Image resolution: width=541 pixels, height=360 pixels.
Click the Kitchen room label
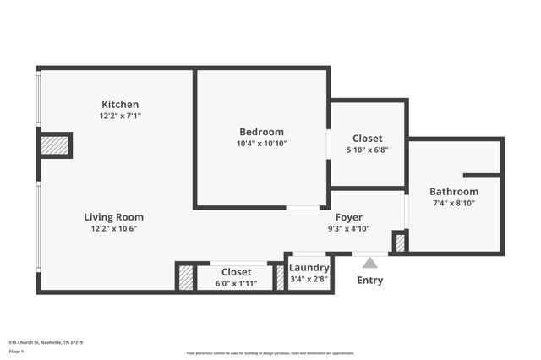pos(120,105)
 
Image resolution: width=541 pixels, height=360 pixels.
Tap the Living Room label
pos(113,217)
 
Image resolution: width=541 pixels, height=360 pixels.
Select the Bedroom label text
pos(261,132)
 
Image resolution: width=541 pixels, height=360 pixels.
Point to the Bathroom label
pos(454,192)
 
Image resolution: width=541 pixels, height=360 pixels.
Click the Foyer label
pos(349,217)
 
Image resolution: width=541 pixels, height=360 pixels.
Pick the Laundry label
pos(309,268)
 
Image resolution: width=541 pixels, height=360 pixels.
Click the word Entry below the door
pos(370,281)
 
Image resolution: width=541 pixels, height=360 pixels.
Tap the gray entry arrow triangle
pos(370,263)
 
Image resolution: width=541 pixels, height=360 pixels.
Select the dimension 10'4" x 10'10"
pos(261,144)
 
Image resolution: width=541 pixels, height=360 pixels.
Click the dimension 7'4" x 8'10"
pos(454,203)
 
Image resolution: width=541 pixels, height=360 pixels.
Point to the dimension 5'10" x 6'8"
pos(367,150)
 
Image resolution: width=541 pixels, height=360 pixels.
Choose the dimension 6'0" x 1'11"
pos(237,283)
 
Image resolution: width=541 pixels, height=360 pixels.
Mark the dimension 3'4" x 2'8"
pos(309,279)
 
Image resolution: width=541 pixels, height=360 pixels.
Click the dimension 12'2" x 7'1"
pos(120,116)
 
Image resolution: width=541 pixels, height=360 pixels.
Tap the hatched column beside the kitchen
pos(54,145)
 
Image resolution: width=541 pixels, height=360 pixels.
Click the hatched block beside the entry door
pos(400,243)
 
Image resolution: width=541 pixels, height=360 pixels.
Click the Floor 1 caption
pos(16,350)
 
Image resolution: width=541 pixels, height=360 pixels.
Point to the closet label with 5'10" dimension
pos(367,139)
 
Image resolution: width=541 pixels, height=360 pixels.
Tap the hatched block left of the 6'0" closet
pos(185,278)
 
